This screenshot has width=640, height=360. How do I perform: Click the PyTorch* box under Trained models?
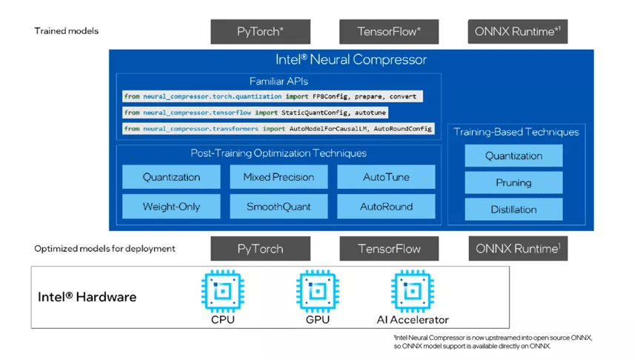tap(260, 32)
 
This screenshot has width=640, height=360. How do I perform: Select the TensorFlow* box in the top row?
tap(389, 32)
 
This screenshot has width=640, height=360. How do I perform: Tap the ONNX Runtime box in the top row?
tap(518, 32)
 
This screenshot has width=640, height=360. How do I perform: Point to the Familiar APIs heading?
tap(279, 81)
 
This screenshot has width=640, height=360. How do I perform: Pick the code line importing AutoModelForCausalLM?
tap(278, 129)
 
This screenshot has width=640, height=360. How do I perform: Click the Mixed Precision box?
tap(279, 177)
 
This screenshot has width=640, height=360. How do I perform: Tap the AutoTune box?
tap(386, 177)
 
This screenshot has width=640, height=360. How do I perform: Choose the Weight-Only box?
tap(171, 207)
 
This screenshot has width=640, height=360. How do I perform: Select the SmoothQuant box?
tap(279, 207)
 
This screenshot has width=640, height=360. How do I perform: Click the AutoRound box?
tap(386, 207)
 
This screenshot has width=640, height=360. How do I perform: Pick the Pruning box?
tap(513, 182)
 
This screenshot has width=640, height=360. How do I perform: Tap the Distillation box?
tap(513, 210)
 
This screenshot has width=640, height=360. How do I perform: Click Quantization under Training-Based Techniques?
tap(513, 156)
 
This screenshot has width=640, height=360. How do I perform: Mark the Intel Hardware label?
tap(87, 297)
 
